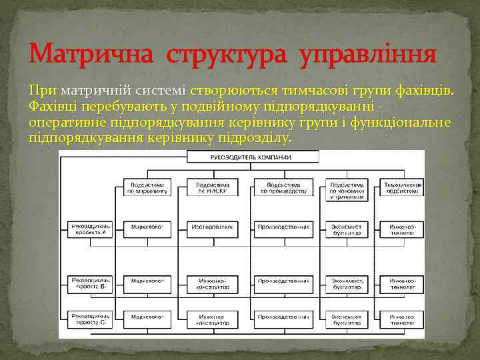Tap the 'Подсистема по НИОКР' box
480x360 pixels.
coord(213,187)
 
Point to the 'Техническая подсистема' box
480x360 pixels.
coord(402,187)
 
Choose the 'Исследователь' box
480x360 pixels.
coord(213,227)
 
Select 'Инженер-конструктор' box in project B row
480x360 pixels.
coord(213,285)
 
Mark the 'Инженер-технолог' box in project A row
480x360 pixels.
coord(402,229)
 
